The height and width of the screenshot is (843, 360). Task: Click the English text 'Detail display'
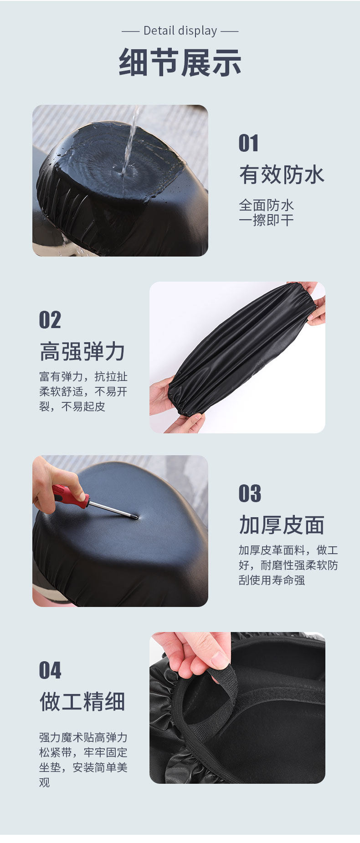pos(180,31)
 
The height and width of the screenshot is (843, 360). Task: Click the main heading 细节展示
pos(180,62)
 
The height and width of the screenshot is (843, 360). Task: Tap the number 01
pos(248,143)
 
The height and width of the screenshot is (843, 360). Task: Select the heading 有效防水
pos(282,175)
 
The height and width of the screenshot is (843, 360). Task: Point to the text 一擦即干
pos(266,221)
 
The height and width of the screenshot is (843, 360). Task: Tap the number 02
pos(50,320)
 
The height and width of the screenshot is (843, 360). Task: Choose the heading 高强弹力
pos(82,352)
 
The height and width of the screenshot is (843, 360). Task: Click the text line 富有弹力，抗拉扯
pos(83,377)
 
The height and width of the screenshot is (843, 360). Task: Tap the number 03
pos(250,493)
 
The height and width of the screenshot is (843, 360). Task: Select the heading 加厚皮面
pos(282,525)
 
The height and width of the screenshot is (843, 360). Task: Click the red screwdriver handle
pos(71,496)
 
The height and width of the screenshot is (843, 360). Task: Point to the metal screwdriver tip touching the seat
pos(135,517)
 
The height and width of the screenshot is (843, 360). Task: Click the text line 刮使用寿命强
pos(272,580)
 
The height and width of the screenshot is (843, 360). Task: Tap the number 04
pos(50,670)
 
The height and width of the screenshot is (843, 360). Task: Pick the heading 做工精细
pos(82,702)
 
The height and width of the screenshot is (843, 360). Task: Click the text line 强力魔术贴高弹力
pos(83,737)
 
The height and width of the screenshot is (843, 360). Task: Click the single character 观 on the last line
pos(45,782)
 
